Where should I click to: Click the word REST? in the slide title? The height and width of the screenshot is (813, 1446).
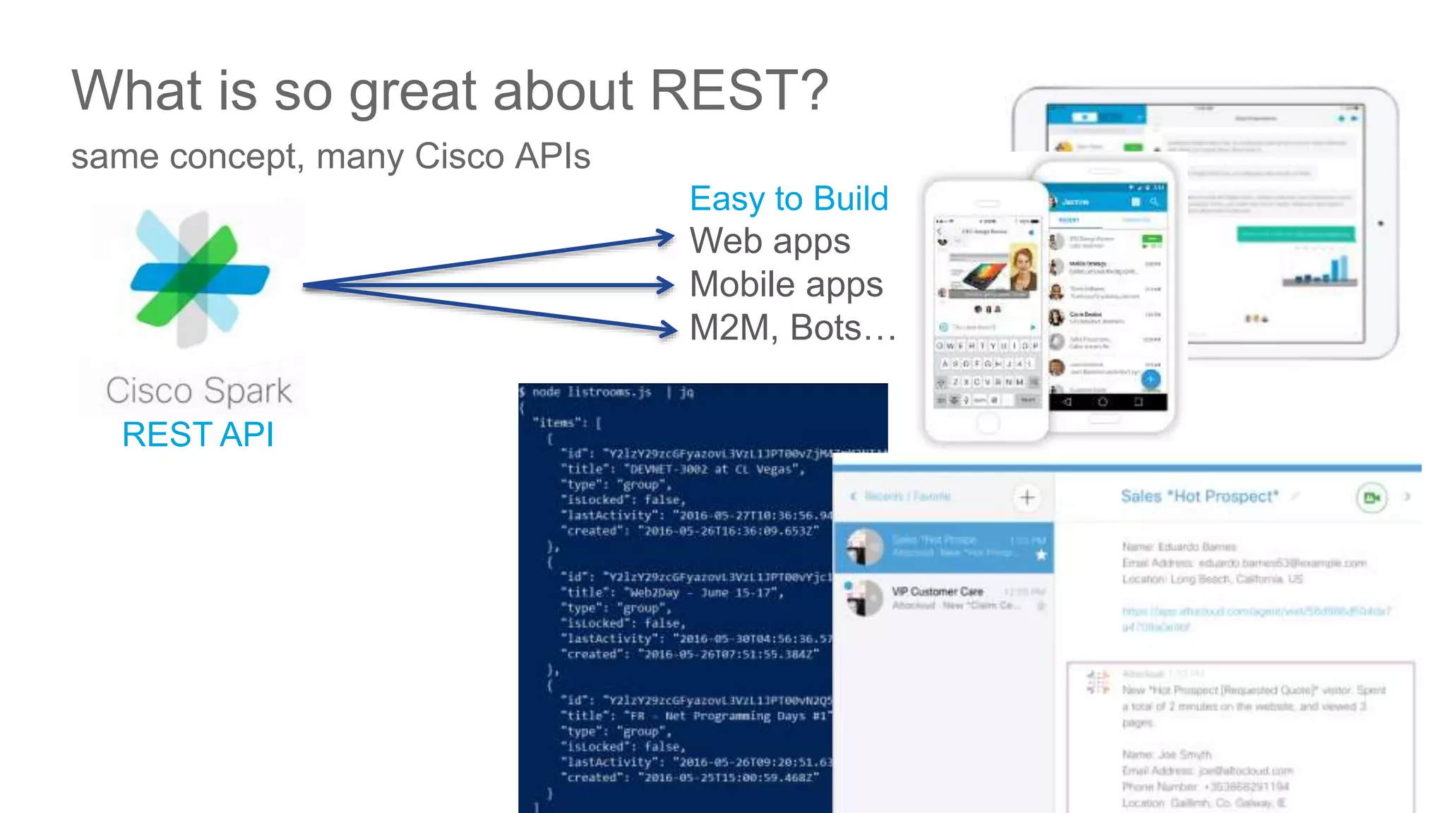[739, 90]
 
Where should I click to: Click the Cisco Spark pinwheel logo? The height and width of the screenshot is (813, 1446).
[200, 278]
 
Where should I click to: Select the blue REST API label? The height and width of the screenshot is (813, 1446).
[198, 434]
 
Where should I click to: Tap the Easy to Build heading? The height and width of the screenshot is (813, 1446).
[789, 198]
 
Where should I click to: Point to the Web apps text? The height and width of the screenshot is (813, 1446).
[770, 241]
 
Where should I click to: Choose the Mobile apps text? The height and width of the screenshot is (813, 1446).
[786, 284]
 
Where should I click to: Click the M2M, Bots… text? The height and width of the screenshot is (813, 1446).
[792, 328]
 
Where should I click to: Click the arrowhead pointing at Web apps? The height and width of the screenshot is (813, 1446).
[666, 238]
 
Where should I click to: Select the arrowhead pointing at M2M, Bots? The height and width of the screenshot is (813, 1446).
[668, 329]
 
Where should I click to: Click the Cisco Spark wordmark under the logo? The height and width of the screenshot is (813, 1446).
[199, 391]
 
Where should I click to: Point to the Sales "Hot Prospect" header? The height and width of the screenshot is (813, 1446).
[1200, 496]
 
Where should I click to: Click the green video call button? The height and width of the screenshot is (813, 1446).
[1371, 498]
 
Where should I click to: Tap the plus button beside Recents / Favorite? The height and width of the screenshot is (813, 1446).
[1027, 498]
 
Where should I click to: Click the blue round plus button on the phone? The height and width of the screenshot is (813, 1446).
[1151, 379]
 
